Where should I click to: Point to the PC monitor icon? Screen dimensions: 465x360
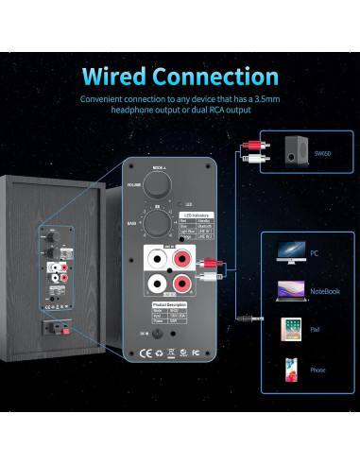point(290,250)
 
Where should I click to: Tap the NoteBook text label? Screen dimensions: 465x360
point(326,291)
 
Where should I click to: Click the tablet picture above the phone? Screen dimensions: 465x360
point(290,330)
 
